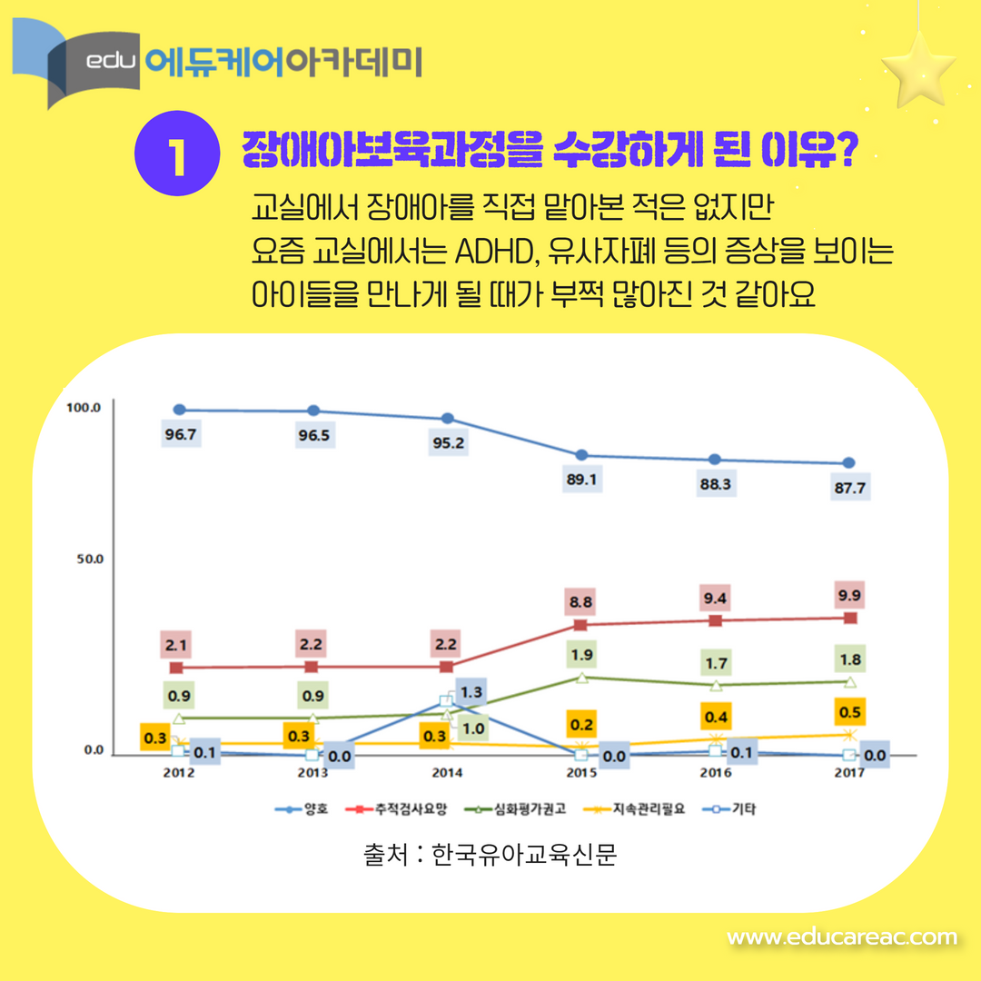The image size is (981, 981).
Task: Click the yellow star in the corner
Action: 917,69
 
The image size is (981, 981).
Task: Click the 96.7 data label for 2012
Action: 181,434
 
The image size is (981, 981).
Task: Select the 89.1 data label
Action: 580,480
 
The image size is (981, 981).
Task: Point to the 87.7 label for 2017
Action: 849,488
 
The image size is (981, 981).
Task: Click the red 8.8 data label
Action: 581,601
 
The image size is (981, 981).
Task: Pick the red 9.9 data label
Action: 850,596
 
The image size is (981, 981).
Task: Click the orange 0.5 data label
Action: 850,711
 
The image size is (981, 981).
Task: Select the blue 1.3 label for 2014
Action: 470,692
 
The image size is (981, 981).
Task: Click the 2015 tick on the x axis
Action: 581,773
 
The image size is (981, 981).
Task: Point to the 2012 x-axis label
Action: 179,773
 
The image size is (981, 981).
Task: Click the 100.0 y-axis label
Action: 84,407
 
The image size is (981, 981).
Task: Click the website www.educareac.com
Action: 842,936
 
